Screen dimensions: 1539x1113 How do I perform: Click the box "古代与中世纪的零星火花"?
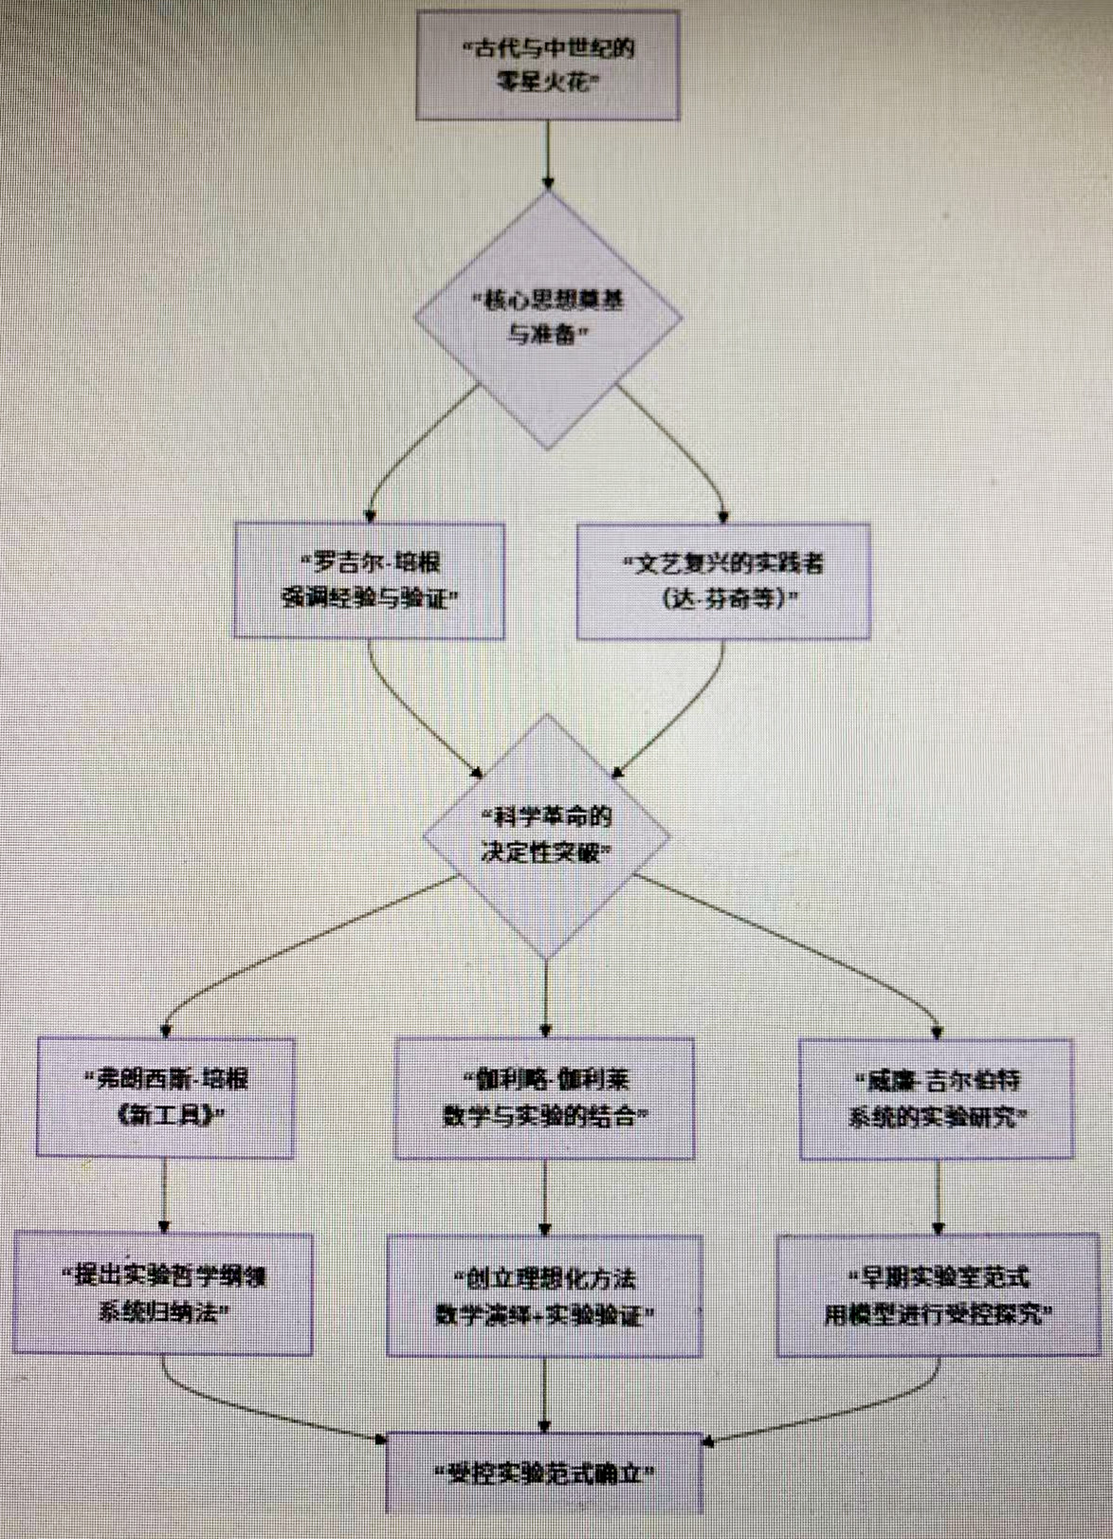tap(548, 64)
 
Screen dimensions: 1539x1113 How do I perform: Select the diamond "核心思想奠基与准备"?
tap(548, 318)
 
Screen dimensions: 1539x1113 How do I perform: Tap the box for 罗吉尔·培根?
tap(369, 580)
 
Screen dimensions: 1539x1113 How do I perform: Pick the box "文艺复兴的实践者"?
tap(723, 580)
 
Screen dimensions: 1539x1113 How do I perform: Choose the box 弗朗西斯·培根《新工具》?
tap(165, 1097)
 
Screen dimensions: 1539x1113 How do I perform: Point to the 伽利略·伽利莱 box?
tap(544, 1098)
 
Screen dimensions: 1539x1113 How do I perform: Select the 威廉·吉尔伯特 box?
tap(937, 1099)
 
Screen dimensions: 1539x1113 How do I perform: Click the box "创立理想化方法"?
tap(544, 1296)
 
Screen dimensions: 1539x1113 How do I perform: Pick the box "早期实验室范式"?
tap(938, 1295)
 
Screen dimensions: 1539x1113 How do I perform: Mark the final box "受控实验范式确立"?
tap(544, 1473)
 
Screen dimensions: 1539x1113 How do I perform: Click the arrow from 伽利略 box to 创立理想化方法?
tap(544, 1197)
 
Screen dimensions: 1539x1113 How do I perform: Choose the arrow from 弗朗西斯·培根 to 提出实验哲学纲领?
tap(164, 1195)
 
